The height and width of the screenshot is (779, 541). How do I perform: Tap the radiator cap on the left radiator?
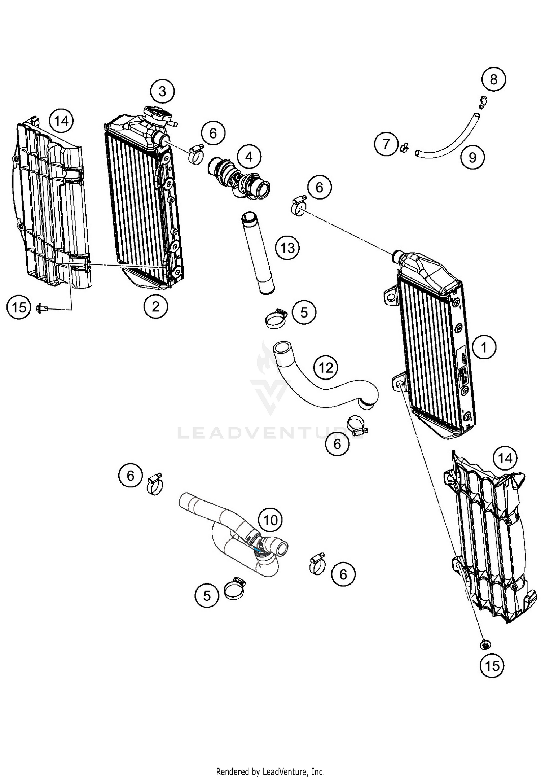pyautogui.click(x=158, y=115)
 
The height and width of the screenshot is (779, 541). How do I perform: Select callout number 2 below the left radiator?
pyautogui.click(x=155, y=306)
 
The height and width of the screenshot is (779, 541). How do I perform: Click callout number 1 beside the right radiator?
pyautogui.click(x=484, y=347)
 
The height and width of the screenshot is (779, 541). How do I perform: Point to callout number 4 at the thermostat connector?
pyautogui.click(x=249, y=157)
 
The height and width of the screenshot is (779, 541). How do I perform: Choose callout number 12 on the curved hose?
pyautogui.click(x=326, y=368)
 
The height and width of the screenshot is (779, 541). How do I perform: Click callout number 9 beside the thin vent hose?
pyautogui.click(x=472, y=157)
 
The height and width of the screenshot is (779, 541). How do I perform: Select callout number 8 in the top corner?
pyautogui.click(x=493, y=79)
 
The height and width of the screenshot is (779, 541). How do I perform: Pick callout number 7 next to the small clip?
pyautogui.click(x=386, y=144)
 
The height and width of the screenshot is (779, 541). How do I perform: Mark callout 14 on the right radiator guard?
pyautogui.click(x=505, y=458)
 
